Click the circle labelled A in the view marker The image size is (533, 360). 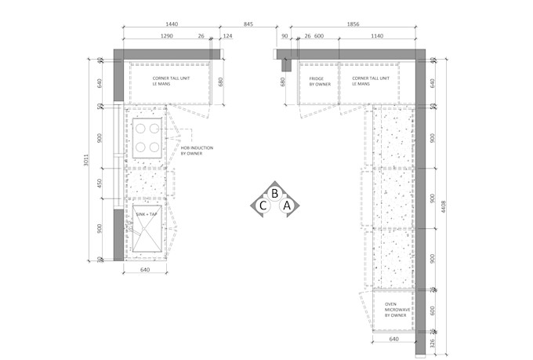287,205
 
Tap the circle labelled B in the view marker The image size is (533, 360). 275,193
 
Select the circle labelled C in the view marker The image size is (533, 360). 263,206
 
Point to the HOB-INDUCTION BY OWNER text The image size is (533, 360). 197,151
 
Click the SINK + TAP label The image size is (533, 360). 147,213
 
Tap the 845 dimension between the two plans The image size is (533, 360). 248,24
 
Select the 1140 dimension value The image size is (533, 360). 376,36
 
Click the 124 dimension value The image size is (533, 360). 227,36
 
